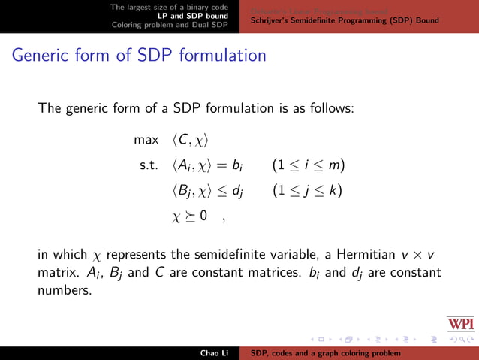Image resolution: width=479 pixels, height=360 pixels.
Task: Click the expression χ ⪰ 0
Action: (190, 217)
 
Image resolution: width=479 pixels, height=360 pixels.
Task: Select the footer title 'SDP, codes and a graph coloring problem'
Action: (326, 352)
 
